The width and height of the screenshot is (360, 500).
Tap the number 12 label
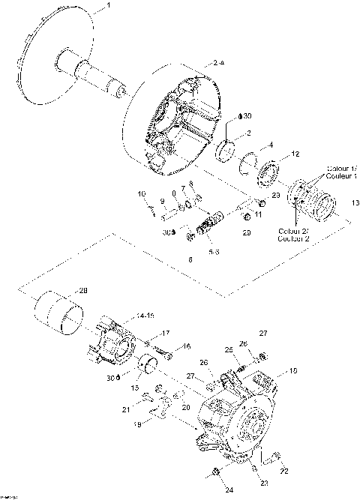click(x=295, y=154)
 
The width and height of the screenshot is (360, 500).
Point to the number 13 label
click(x=353, y=201)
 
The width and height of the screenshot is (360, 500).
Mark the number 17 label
click(x=166, y=333)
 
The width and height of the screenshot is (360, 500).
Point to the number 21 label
click(x=126, y=409)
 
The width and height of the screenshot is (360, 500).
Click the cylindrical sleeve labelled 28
click(x=64, y=316)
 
